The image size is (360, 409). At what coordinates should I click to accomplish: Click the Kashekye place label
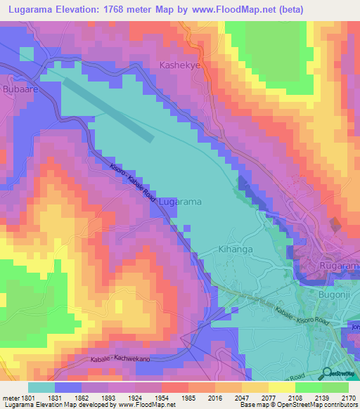pyautogui.click(x=179, y=65)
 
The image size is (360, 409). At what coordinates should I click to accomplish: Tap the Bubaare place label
pyautogui.click(x=20, y=90)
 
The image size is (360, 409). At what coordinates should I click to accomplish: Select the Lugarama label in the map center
pyautogui.click(x=181, y=202)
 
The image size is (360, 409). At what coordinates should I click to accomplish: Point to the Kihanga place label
pyautogui.click(x=216, y=249)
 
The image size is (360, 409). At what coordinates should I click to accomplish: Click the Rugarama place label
pyautogui.click(x=340, y=267)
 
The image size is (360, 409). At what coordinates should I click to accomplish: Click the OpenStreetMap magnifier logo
pyautogui.click(x=325, y=373)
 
